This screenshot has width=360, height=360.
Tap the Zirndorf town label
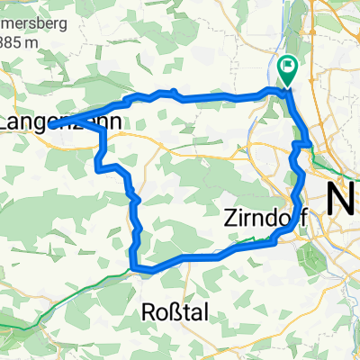coord(262,217)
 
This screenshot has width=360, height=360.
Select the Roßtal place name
coord(179,311)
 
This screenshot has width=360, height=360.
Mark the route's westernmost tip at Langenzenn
coord(68,119)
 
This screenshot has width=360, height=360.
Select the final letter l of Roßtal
coord(212,311)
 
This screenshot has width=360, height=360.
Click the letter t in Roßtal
coord(192,311)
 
